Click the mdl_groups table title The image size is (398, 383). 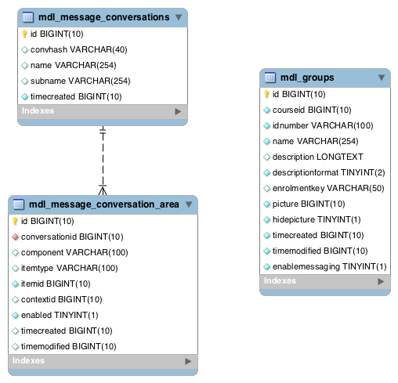tap(307, 78)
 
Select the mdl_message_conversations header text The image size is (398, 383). tap(104, 17)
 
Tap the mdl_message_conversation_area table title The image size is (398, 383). tap(104, 204)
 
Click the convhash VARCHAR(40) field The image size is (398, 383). tap(78, 49)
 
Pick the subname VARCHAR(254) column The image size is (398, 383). tap(80, 81)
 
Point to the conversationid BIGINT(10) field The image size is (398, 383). tap(72, 237)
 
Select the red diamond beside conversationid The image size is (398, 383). tap(16, 237)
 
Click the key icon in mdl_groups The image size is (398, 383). tap(266, 94)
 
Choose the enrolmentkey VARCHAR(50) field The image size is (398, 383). tap(328, 188)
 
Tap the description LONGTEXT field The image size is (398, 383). tap(318, 157)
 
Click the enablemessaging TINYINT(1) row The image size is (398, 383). tap(329, 266)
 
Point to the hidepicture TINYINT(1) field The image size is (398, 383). tap(317, 219)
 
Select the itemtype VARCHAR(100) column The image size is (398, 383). tap(69, 268)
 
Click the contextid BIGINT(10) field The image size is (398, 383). tap(61, 299)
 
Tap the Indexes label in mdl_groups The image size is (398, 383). tap(280, 280)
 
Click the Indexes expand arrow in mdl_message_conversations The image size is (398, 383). tap(178, 111)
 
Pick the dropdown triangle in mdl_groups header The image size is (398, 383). tap(382, 78)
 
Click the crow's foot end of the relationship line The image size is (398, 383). tap(103, 190)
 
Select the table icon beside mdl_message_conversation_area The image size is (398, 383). tap(18, 204)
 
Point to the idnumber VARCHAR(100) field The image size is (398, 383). tap(323, 125)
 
